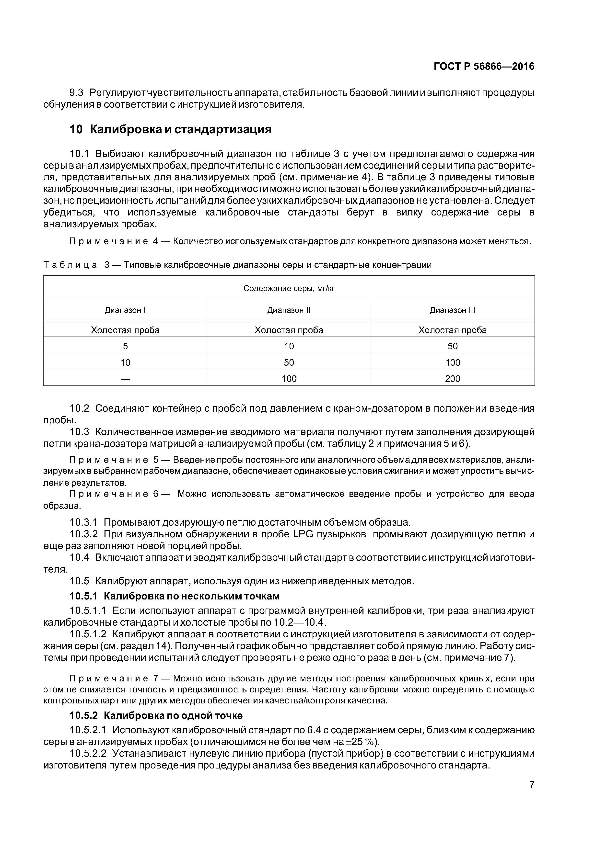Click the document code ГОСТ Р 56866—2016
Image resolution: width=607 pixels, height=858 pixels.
[484, 67]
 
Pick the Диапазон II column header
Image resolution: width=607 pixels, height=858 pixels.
[289, 310]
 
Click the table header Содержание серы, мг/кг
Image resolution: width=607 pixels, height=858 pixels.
[289, 288]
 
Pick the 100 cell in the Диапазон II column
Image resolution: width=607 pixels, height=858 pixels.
[289, 379]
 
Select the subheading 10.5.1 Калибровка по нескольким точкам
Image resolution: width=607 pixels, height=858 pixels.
[175, 596]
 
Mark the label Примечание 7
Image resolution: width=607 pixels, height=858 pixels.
[115, 678]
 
